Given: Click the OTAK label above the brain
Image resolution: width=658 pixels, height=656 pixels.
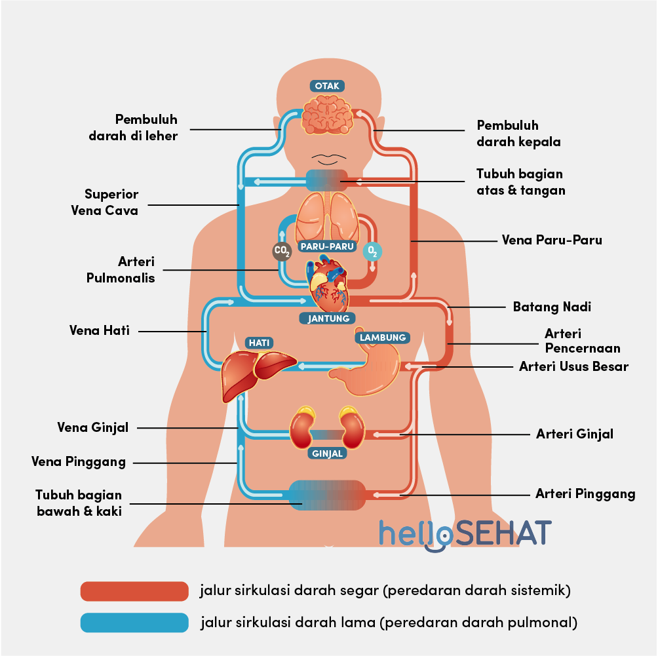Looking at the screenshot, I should click(327, 86).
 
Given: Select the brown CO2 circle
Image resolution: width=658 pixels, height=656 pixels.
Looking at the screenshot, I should click(282, 250).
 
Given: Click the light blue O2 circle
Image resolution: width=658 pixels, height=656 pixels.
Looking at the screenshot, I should click(372, 250).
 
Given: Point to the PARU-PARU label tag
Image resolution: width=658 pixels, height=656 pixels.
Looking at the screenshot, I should click(327, 247).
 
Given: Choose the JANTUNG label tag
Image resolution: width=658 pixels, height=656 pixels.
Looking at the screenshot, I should click(328, 318).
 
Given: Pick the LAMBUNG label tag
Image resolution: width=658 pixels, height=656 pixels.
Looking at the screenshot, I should click(383, 338).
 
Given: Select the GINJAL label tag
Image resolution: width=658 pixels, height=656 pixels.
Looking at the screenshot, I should click(328, 453).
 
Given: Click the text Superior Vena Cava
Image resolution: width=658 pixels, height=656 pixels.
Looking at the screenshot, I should click(111, 203).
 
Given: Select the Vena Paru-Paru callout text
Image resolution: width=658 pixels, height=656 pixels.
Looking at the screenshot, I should click(551, 240).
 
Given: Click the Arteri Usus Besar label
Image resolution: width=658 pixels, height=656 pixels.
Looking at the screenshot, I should click(573, 366).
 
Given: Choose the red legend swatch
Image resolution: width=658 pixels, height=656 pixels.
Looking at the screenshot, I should click(134, 591).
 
